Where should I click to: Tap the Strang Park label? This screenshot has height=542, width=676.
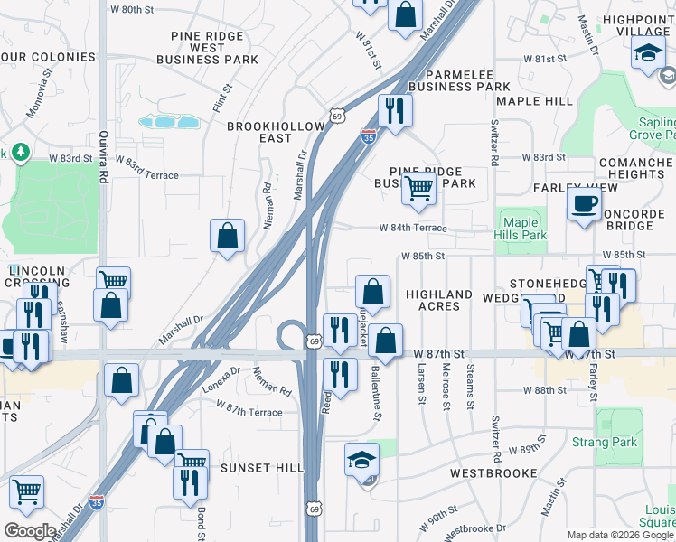point(604,443)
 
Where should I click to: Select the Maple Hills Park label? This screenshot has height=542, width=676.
point(521,229)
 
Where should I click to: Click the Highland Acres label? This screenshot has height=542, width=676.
point(439,301)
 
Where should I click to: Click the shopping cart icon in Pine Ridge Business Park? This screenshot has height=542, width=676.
point(418,189)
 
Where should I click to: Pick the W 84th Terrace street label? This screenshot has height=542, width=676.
point(413,228)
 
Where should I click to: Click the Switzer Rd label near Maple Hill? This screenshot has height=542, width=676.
point(494,143)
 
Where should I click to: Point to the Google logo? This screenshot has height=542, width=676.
point(31,531)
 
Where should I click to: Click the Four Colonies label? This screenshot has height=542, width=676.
point(48,57)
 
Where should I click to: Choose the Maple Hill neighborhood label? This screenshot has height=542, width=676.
point(534,101)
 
